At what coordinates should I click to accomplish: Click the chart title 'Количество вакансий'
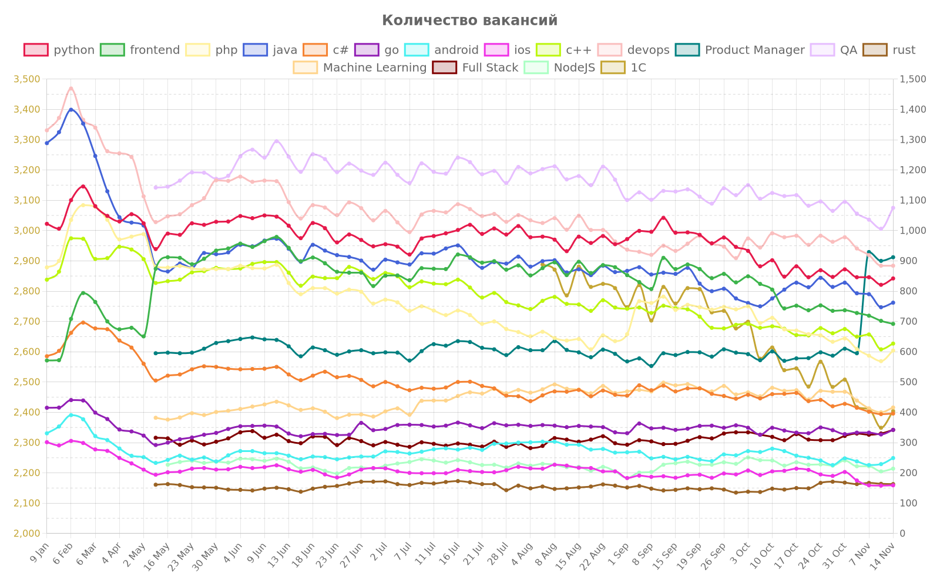pos(469,21)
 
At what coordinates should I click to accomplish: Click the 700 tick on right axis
pos(908,321)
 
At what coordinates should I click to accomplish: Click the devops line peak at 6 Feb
pos(71,88)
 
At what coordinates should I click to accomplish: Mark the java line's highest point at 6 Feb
pos(71,109)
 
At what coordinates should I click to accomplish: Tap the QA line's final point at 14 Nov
pos(893,207)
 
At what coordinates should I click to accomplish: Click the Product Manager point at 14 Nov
pos(893,257)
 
